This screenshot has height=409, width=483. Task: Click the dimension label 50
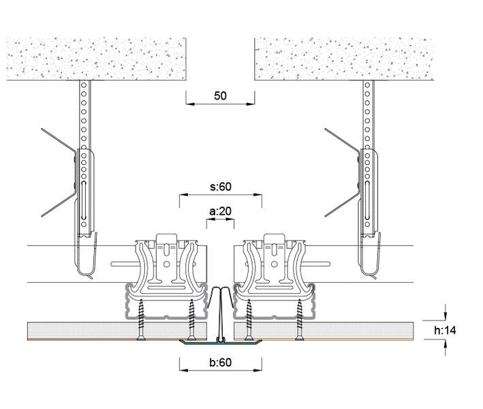[x=220, y=96]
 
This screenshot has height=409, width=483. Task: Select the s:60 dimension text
[x=221, y=187]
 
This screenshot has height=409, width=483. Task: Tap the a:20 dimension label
[x=220, y=211]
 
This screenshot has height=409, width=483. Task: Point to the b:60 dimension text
[x=221, y=362]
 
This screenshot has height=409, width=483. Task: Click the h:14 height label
[x=445, y=331]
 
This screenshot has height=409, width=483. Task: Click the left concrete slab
[x=96, y=59]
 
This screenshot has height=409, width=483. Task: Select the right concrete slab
[x=344, y=59]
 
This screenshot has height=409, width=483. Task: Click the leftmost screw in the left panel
[x=142, y=320]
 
